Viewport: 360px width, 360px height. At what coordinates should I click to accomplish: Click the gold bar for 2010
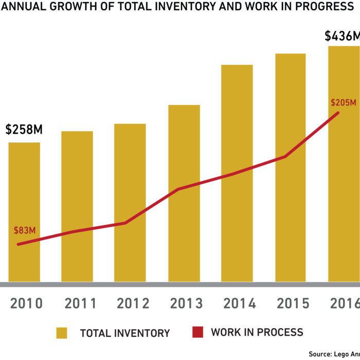tap(24, 211)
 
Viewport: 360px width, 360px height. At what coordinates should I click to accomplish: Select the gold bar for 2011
tap(77, 206)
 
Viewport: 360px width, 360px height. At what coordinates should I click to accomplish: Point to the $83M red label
tap(25, 229)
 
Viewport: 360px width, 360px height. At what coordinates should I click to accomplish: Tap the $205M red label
tap(344, 103)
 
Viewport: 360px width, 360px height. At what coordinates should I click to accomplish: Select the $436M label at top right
tap(342, 37)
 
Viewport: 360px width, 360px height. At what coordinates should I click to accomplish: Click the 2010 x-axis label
tap(27, 303)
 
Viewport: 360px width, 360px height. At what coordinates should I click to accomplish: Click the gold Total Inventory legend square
tap(63, 332)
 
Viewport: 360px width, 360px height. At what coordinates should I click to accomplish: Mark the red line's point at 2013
tap(177, 189)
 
